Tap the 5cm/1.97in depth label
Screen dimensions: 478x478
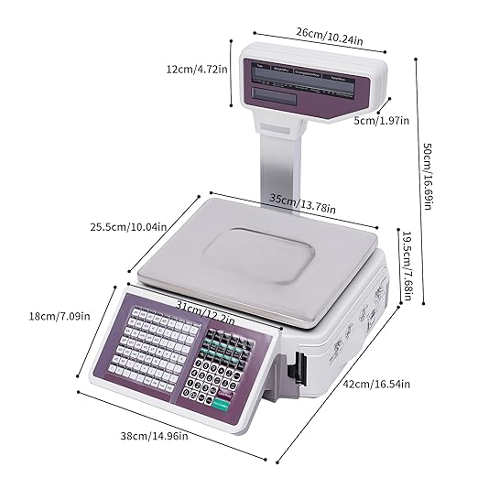click(x=381, y=119)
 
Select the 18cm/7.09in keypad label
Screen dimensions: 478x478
click(x=60, y=317)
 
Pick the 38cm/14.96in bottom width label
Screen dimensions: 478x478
click(x=156, y=436)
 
